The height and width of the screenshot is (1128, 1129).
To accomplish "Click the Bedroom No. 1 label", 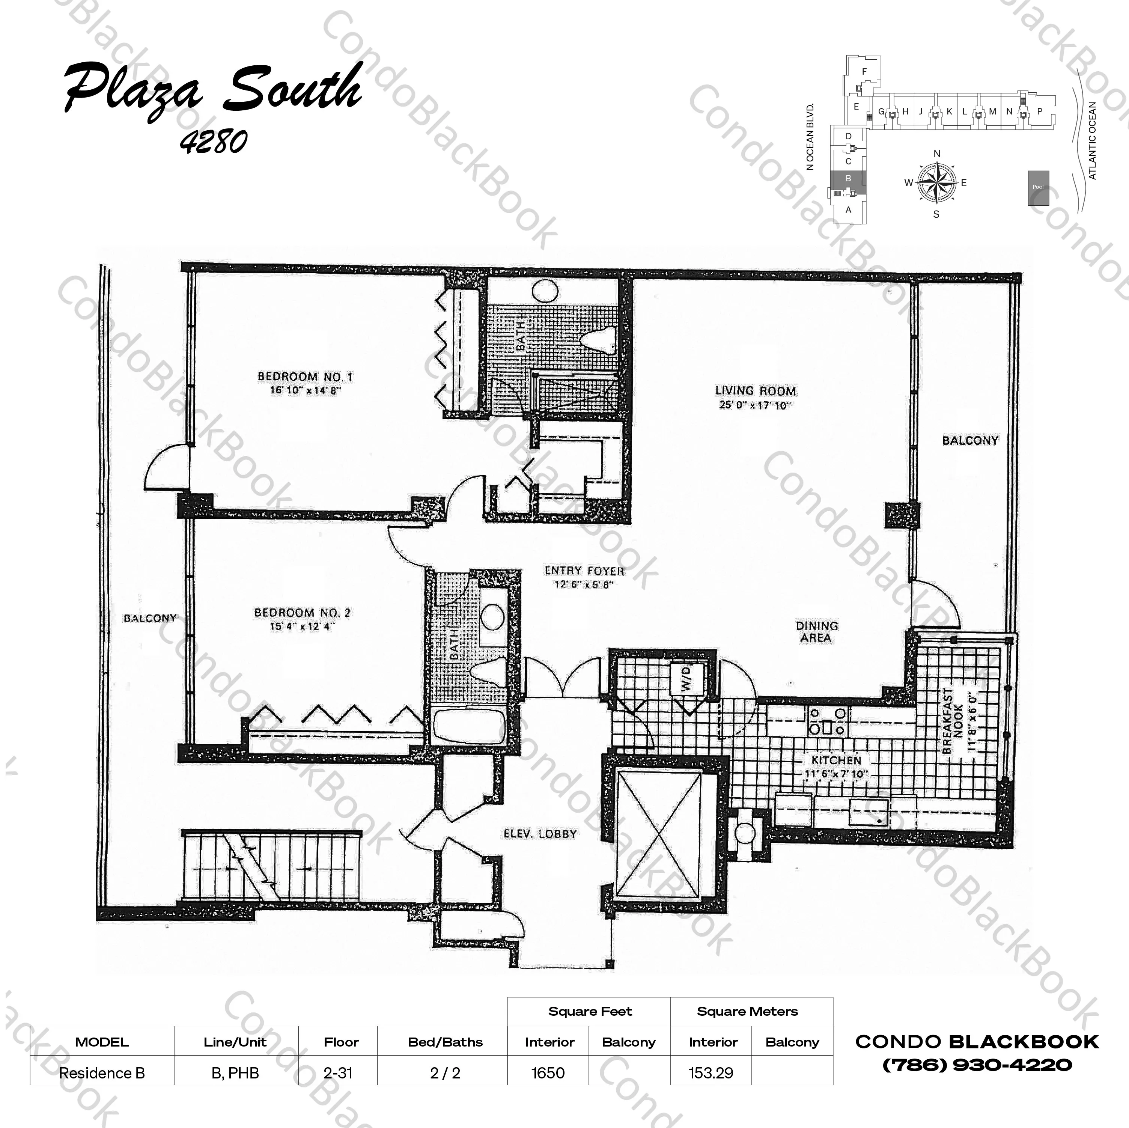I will tap(305, 377).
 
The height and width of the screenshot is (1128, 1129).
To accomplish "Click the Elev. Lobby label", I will tap(540, 834).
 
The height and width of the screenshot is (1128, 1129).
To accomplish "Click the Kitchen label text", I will tap(836, 760).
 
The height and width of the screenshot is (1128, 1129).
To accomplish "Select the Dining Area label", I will tap(816, 631).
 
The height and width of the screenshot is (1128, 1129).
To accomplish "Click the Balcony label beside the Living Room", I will tap(970, 440).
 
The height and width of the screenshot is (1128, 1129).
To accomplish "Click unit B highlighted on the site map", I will tap(849, 178).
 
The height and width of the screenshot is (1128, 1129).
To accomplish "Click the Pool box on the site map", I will tap(1038, 187).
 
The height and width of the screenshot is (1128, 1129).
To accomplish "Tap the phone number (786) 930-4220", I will tap(977, 1065).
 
